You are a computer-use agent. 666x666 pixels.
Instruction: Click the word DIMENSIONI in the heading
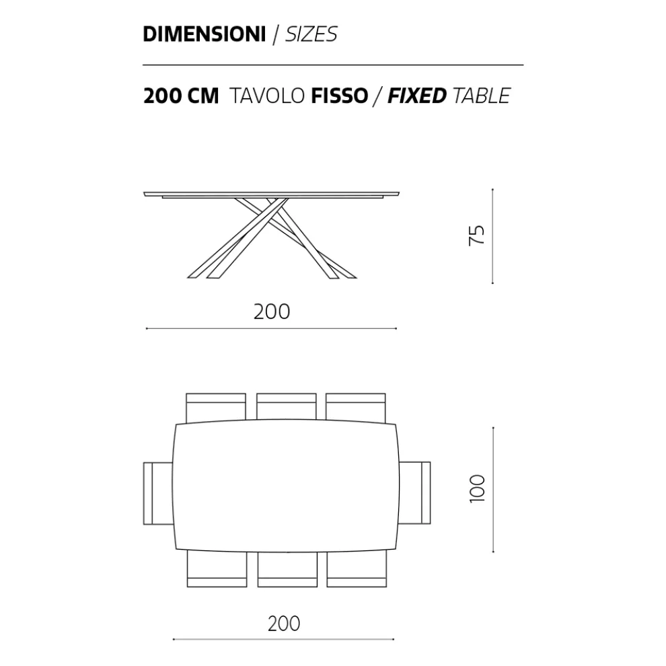205,34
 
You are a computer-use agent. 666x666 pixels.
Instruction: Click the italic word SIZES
311,34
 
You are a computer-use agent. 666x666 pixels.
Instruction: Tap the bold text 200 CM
181,96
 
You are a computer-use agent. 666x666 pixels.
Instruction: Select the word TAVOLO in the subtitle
267,96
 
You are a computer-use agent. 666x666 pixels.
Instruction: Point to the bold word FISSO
339,96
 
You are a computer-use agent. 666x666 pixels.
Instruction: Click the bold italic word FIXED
417,96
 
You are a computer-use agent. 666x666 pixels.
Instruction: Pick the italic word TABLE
482,96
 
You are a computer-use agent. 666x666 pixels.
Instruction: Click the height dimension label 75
476,235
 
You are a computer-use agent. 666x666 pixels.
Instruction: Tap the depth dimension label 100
477,489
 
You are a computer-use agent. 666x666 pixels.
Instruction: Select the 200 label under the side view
272,311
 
